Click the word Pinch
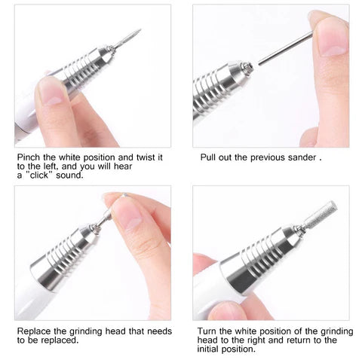[x=29, y=158]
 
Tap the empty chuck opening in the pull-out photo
[x=248, y=69]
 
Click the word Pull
[x=209, y=158]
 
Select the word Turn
[x=208, y=331]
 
